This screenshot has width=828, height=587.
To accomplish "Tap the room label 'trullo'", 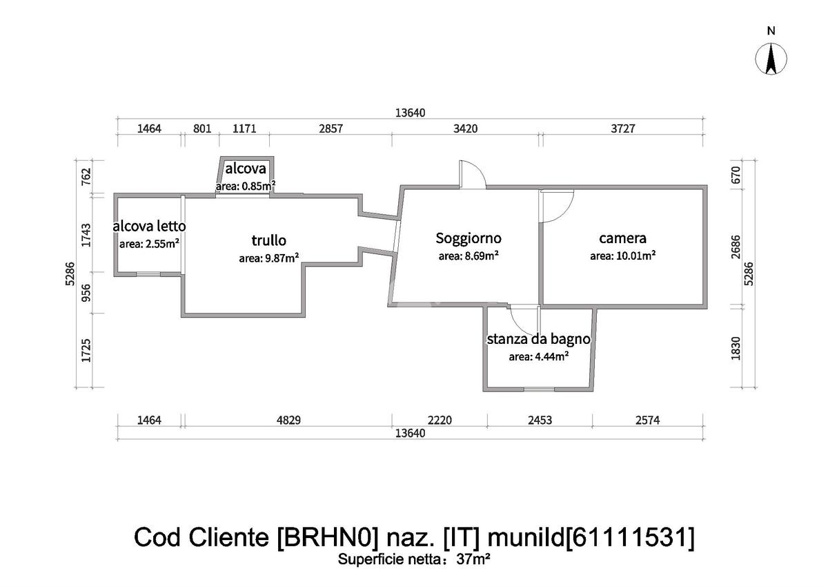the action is click(269, 240).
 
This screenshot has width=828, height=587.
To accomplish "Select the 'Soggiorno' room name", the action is click(469, 238).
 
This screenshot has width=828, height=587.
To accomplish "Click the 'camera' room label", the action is click(622, 238).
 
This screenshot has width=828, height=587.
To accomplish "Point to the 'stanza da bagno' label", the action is click(538, 339).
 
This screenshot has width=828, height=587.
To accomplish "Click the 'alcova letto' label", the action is click(149, 226).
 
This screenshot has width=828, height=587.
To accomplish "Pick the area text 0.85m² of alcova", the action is click(256, 186).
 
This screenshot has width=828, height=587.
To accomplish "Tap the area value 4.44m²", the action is click(549, 356).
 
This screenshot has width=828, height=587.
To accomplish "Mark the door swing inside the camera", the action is click(556, 206).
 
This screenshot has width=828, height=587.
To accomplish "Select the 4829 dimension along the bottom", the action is click(286, 420).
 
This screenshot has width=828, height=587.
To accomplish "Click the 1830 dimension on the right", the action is click(736, 347).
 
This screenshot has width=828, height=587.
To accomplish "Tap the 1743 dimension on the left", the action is click(86, 235).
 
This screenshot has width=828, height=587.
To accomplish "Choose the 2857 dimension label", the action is click(330, 128).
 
